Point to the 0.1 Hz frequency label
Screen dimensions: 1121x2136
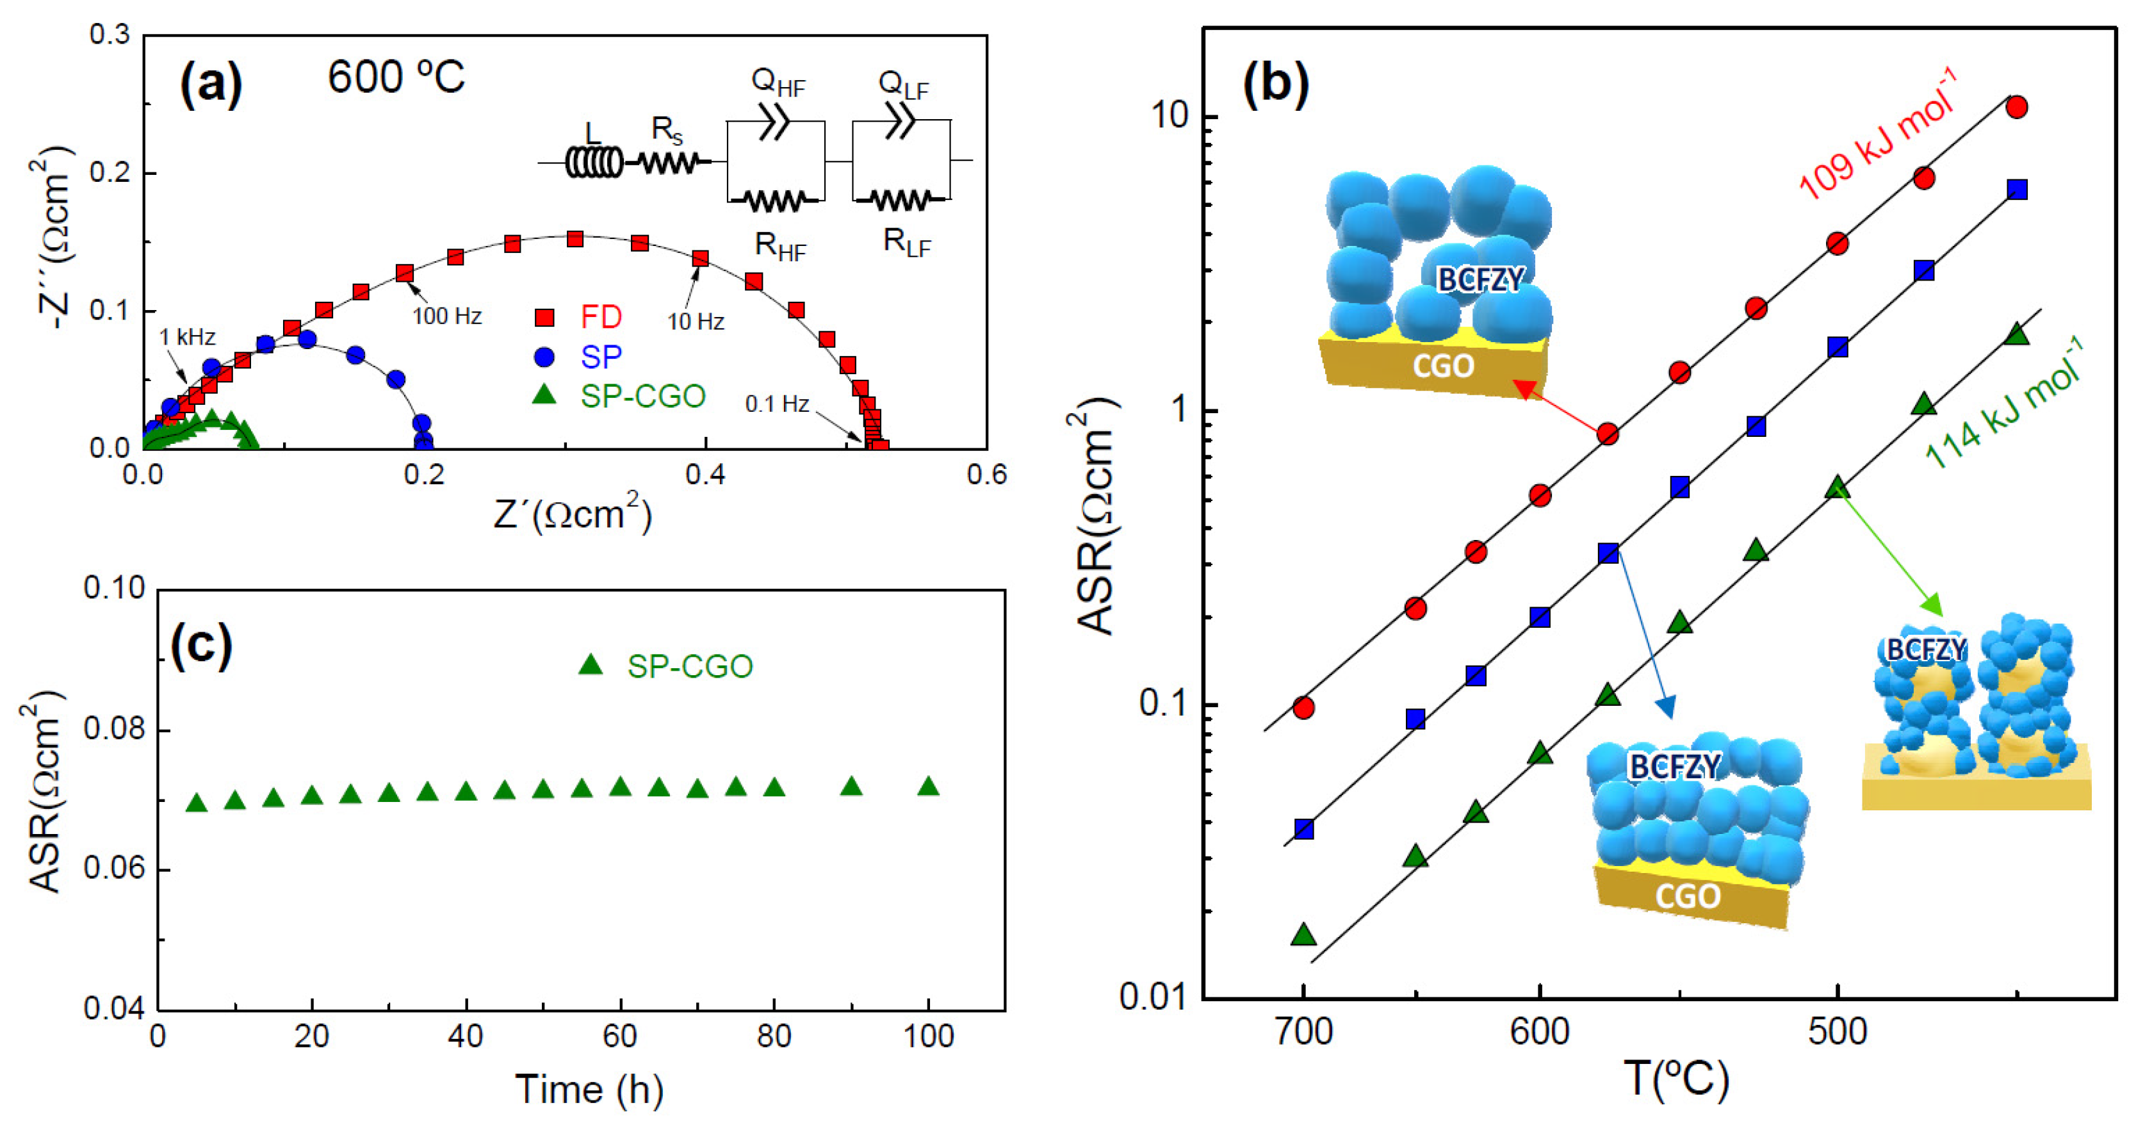776,404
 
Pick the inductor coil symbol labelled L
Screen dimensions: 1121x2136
593,161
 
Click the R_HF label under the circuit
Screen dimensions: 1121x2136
779,246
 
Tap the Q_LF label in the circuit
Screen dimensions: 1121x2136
903,85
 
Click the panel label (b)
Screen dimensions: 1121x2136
1276,85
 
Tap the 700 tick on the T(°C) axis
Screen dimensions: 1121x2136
1303,1031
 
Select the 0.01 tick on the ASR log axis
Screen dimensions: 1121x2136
1154,996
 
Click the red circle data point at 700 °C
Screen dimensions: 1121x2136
1303,707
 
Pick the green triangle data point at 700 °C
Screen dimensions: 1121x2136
1303,935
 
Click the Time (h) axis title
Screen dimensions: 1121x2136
589,1089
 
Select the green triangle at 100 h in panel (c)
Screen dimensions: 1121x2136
929,786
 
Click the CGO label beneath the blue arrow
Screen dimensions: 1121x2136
1688,896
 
